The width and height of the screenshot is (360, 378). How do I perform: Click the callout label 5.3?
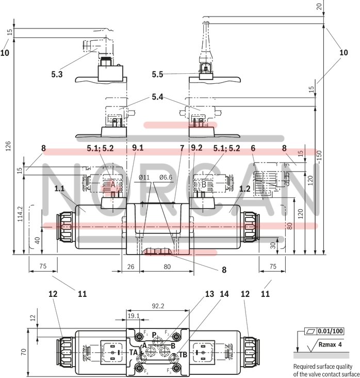point(57,74)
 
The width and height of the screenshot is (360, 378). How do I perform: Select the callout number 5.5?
point(157,74)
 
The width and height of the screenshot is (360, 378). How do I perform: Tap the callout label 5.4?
point(159,97)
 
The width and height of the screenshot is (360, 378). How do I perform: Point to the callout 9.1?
point(138,148)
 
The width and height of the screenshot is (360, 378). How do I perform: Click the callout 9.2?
point(197,148)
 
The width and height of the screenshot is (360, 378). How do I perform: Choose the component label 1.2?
point(244,189)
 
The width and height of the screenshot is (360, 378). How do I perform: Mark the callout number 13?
point(209,294)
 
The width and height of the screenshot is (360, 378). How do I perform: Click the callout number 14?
point(224,294)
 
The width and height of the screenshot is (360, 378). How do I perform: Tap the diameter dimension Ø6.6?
point(166,178)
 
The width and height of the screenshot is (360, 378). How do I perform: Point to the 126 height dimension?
point(7,147)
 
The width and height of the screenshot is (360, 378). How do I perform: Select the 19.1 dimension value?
point(133,315)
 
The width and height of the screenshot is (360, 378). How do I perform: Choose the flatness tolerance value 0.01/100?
point(330,331)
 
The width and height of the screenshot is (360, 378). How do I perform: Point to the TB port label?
point(183,354)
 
